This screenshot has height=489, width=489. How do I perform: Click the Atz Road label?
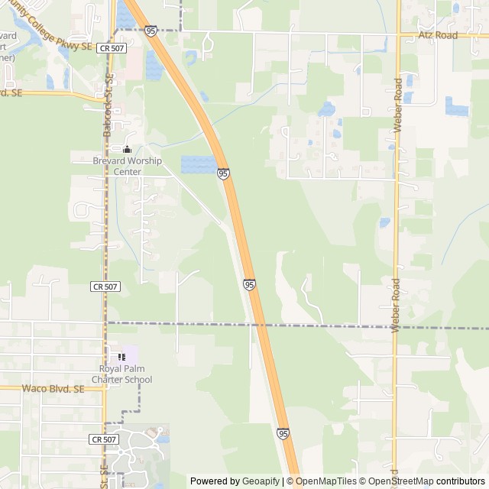click(x=437, y=35)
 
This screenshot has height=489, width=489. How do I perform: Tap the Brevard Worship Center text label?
click(x=117, y=167)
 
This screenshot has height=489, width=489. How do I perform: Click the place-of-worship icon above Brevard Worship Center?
click(x=127, y=149)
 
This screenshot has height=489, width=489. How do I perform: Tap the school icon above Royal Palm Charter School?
click(x=121, y=357)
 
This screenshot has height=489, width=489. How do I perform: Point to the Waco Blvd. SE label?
click(x=52, y=388)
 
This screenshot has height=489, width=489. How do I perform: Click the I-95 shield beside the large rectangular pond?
click(x=222, y=174)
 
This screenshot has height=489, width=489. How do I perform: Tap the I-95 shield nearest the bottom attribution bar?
click(x=283, y=433)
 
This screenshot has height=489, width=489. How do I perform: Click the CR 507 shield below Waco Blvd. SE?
click(x=104, y=439)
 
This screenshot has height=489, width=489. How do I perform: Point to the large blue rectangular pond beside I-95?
click(x=198, y=164)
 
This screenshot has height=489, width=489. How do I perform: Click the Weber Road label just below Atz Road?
click(x=397, y=105)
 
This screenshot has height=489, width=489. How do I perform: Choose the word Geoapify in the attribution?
click(x=262, y=481)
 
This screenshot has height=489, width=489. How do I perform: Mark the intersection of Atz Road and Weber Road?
click(x=397, y=34)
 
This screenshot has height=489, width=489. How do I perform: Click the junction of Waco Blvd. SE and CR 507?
click(x=105, y=387)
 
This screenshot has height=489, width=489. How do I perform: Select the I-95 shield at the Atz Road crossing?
click(x=151, y=31)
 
